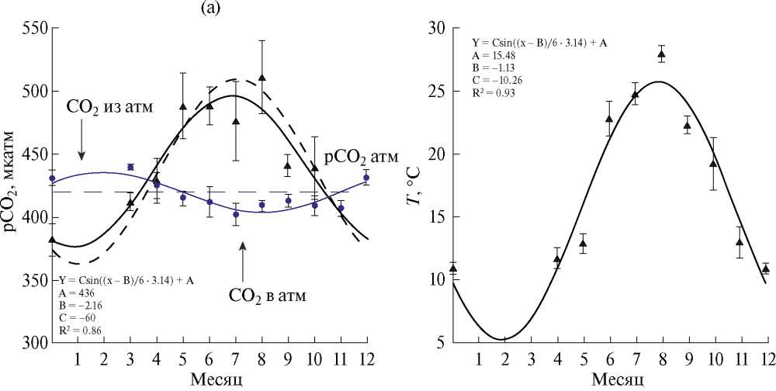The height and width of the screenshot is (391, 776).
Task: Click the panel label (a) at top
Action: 211,9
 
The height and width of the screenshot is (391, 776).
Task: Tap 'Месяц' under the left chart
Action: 210,379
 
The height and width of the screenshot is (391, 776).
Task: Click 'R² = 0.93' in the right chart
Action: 493,93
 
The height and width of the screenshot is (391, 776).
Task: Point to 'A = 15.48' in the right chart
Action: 493,56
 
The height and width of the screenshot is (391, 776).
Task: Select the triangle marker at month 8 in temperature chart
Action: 662,54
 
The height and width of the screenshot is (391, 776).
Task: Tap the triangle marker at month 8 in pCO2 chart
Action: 262,78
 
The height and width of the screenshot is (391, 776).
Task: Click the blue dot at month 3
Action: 130,167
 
